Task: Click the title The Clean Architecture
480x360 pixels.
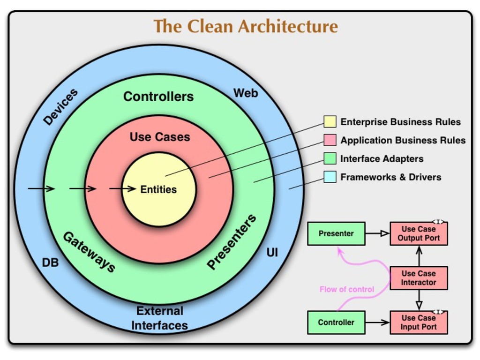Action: click(246, 26)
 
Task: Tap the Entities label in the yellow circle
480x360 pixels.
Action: click(158, 190)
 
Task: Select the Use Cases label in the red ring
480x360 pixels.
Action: click(160, 137)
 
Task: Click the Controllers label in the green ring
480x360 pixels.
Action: click(158, 97)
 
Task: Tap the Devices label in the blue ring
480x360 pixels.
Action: click(60, 107)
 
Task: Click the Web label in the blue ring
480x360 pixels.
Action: click(246, 93)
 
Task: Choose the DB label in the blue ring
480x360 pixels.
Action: click(51, 263)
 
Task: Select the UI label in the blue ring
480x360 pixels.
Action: click(272, 253)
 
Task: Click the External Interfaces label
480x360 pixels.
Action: click(159, 318)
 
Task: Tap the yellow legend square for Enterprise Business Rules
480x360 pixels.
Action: click(330, 122)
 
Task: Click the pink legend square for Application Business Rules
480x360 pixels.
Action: click(330, 140)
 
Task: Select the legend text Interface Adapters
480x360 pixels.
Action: click(382, 159)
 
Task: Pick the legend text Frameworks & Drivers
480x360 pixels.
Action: click(390, 177)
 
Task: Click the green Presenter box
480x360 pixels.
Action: click(336, 233)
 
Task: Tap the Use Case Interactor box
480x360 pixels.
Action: click(419, 278)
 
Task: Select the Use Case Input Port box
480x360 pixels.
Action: click(419, 322)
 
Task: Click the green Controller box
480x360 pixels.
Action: click(336, 322)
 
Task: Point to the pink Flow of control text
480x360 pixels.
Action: click(347, 289)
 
